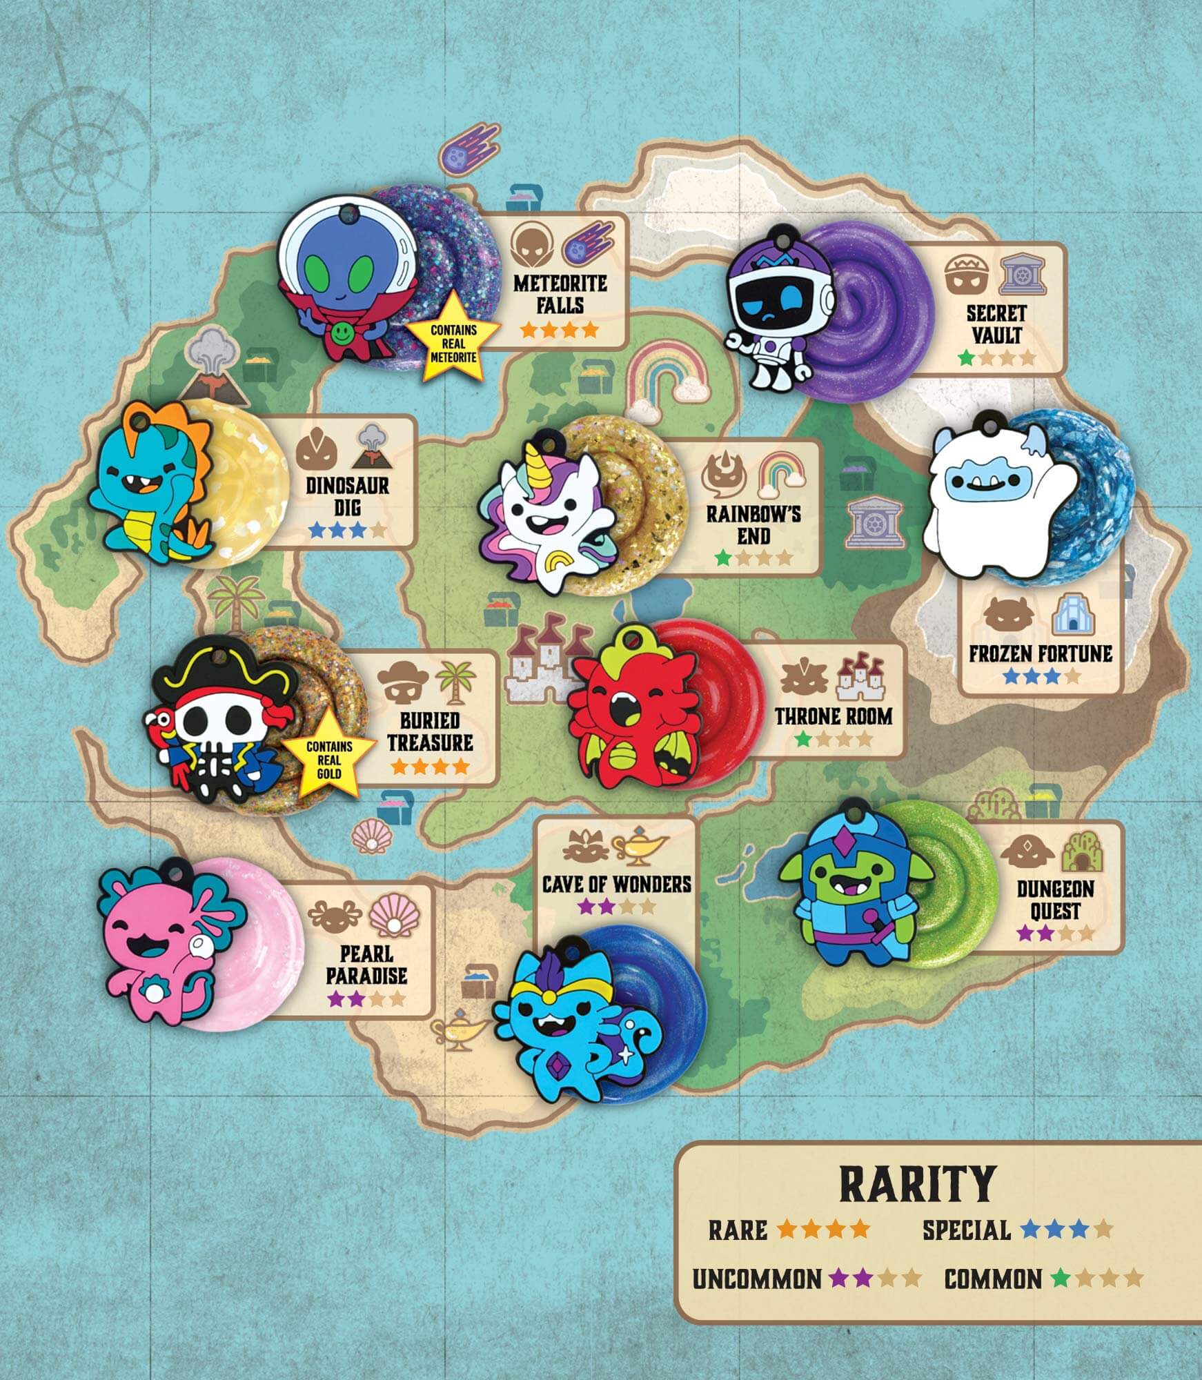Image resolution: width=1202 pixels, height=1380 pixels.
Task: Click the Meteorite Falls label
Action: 560,294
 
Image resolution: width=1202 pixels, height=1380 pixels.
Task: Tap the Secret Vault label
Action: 996,324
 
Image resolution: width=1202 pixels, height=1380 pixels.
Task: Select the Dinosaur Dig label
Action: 347,496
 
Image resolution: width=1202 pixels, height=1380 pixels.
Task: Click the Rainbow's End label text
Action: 753,524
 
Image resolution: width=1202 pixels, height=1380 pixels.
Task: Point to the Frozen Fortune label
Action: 1040,654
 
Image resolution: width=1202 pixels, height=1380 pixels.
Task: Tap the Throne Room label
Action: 833,716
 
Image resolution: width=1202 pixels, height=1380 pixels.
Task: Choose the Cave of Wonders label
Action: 616,884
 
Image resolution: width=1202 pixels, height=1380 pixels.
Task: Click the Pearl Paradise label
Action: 366,965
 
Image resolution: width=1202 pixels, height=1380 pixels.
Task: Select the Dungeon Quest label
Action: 1055,900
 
